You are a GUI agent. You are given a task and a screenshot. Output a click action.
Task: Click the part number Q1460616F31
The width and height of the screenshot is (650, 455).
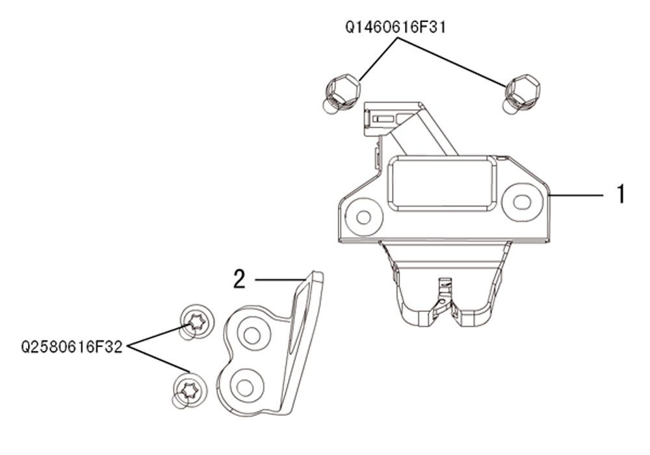[x=396, y=27]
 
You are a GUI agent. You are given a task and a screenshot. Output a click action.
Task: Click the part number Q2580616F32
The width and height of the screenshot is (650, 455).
[x=71, y=347]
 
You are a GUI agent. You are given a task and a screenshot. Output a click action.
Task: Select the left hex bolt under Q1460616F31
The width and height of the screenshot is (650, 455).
[x=341, y=94]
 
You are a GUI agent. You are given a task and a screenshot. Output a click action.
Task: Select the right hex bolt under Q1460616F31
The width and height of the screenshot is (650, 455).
[x=521, y=94]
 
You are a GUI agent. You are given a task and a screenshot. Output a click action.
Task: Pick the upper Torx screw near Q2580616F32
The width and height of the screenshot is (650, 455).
[x=196, y=322]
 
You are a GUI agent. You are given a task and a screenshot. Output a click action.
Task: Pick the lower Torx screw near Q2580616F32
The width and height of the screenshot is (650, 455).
[x=188, y=391]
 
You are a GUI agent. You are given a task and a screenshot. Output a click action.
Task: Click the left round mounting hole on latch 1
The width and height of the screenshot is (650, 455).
[x=363, y=217]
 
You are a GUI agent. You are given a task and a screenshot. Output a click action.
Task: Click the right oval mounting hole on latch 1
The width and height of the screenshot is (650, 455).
[x=522, y=202]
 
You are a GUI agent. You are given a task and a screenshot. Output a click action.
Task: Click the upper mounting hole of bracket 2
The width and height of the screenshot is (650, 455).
[x=252, y=335]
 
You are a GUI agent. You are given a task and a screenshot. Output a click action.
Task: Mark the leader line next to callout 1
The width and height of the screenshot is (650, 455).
[x=576, y=194]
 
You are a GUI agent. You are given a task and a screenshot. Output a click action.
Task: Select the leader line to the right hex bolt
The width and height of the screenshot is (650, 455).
[x=452, y=62]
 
